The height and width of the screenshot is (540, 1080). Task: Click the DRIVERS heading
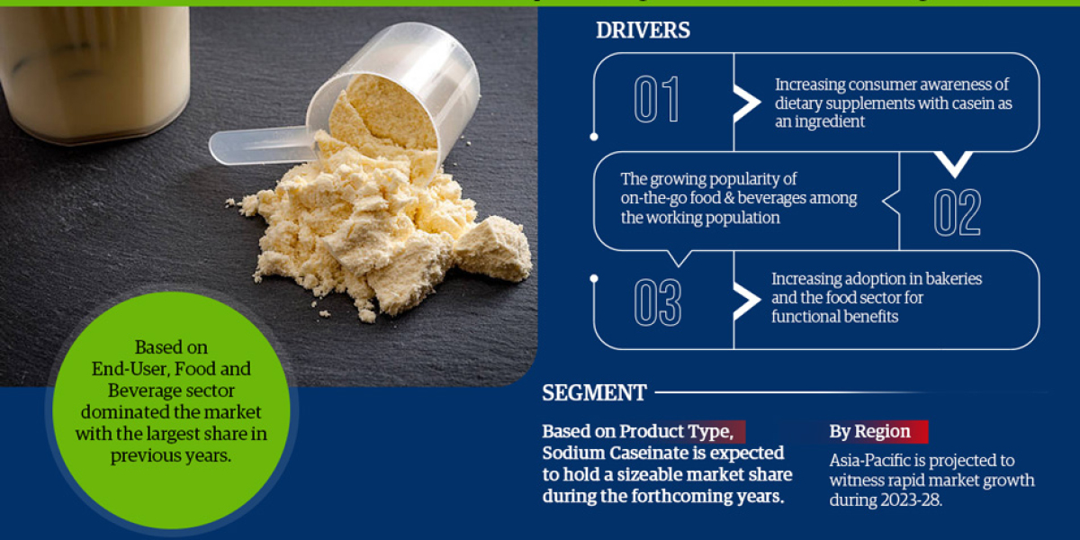point(643,31)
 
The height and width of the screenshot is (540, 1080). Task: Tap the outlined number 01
point(656,100)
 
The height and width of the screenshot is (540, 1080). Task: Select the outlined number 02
point(957,212)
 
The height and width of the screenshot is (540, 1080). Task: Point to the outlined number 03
point(657,301)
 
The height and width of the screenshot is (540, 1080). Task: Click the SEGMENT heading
point(594,393)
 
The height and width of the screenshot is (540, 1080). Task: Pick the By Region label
point(869,432)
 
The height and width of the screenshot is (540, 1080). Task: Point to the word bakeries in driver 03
point(951,279)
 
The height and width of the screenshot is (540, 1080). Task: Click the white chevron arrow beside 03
point(746,301)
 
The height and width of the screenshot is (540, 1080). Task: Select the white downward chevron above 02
point(954,165)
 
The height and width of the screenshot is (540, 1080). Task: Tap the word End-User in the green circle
point(131,369)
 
